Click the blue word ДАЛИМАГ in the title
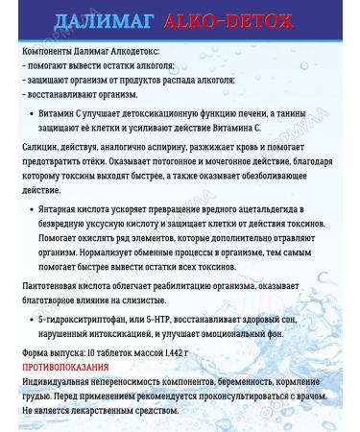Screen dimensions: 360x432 (x=100, y=22)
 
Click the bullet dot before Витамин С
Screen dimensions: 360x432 (x=35, y=112)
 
